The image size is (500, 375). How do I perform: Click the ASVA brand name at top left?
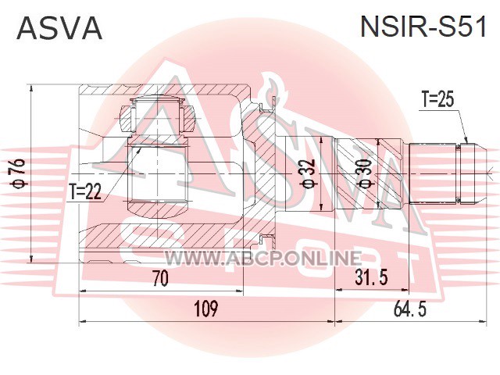coord(60,27)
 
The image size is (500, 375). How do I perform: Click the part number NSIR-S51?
coord(422,27)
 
